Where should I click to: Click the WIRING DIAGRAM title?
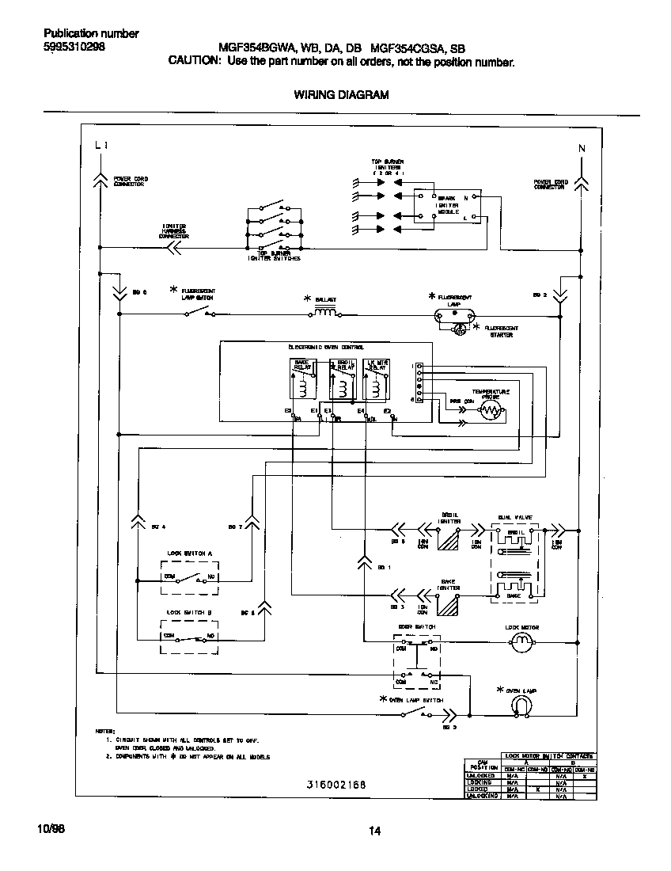(x=341, y=94)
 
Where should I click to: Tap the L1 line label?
(x=100, y=146)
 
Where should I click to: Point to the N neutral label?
(x=582, y=148)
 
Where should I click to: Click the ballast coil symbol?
(x=325, y=313)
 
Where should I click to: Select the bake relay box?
(x=303, y=378)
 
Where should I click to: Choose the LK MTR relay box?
(x=377, y=378)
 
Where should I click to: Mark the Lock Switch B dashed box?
(x=190, y=636)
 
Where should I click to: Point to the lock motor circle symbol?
(x=521, y=645)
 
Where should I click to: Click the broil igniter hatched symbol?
(x=449, y=541)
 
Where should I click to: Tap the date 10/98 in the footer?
(x=51, y=828)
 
